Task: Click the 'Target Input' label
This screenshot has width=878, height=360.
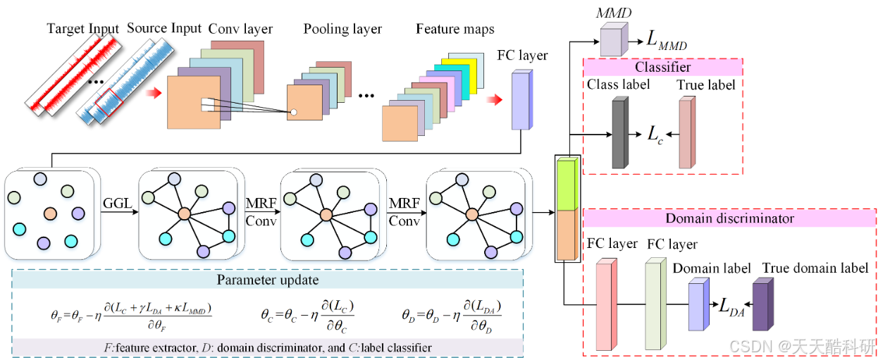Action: tap(82, 29)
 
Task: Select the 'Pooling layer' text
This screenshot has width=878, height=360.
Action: tap(342, 29)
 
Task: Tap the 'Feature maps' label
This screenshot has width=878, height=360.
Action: tap(455, 29)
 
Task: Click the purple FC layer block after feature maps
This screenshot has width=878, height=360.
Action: tap(521, 100)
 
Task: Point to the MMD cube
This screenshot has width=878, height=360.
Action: tap(612, 39)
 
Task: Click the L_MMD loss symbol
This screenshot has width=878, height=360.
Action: tap(665, 39)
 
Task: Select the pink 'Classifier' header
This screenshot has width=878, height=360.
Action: tap(662, 68)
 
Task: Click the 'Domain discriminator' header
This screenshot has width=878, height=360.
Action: tap(730, 218)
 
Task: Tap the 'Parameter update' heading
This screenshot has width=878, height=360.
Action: tap(268, 280)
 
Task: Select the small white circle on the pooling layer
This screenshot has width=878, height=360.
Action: tap(294, 112)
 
